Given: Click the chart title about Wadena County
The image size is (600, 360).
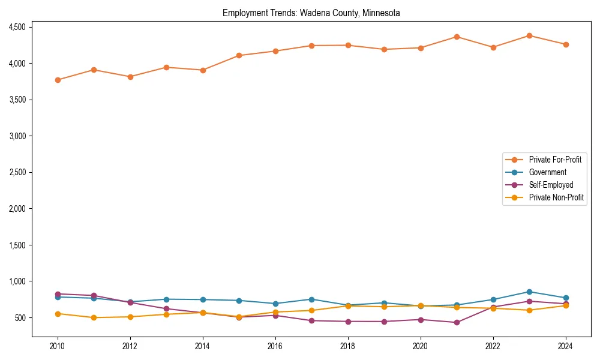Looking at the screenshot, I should pyautogui.click(x=311, y=13).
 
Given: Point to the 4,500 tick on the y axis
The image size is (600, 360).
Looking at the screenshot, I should pyautogui.click(x=16, y=27).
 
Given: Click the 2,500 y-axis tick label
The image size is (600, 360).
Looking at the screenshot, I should pyautogui.click(x=16, y=172).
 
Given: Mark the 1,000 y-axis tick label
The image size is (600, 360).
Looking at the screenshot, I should pyautogui.click(x=16, y=281).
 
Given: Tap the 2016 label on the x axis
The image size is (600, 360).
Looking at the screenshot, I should pyautogui.click(x=275, y=346).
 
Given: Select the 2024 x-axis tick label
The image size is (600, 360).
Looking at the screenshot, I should pyautogui.click(x=565, y=346).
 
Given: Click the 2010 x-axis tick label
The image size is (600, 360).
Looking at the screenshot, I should pyautogui.click(x=58, y=346).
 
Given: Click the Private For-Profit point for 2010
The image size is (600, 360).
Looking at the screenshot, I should pyautogui.click(x=58, y=80).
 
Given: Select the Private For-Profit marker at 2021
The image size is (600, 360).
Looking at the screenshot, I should pyautogui.click(x=457, y=37).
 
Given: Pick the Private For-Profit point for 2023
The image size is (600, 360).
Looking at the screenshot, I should pyautogui.click(x=529, y=35).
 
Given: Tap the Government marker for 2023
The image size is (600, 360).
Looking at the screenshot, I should pyautogui.click(x=529, y=292).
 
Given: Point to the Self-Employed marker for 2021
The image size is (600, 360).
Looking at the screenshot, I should pyautogui.click(x=457, y=322).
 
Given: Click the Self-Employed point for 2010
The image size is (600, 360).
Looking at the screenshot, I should pyautogui.click(x=58, y=294).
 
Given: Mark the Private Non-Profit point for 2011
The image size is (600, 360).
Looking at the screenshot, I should pyautogui.click(x=94, y=317).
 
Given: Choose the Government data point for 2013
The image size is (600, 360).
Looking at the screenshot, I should pyautogui.click(x=166, y=299).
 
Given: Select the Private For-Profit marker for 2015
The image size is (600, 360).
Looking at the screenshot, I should pyautogui.click(x=239, y=55).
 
